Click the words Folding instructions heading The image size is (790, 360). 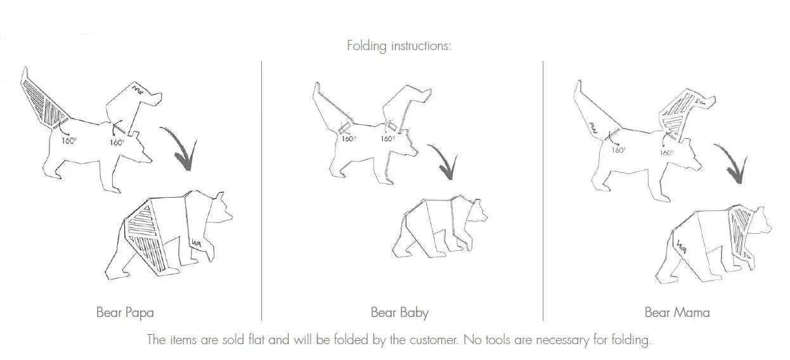(399, 46)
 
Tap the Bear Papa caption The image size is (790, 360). (125, 312)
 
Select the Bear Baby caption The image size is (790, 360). (399, 312)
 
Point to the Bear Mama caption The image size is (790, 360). (677, 312)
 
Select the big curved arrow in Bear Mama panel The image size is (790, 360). (734, 163)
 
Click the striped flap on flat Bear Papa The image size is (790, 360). (44, 103)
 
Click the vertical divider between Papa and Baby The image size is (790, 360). (261, 190)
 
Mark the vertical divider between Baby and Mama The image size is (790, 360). (543, 190)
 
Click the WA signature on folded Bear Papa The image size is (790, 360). (197, 243)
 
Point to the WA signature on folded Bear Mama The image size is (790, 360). (682, 247)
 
